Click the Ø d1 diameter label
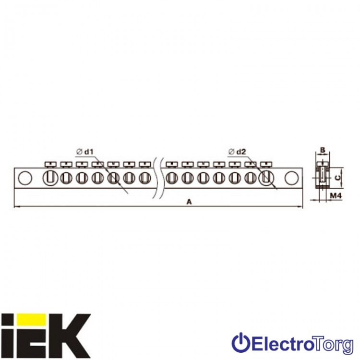85,152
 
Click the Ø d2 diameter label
238,152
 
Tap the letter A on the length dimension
189,202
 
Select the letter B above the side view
323,150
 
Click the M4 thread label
336,196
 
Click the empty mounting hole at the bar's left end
25,178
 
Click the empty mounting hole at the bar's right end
291,178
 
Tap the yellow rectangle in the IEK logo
32,320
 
